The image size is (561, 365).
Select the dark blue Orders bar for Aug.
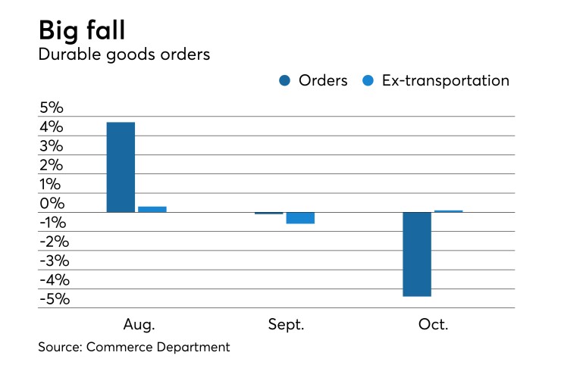pyautogui.click(x=121, y=167)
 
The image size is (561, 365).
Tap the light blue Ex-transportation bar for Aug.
pyautogui.click(x=152, y=209)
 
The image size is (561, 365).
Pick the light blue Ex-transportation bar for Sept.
pyautogui.click(x=300, y=218)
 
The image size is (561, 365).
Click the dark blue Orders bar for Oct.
pyautogui.click(x=417, y=254)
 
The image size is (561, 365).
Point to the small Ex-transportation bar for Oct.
pyautogui.click(x=448, y=211)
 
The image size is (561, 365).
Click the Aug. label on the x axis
pyautogui.click(x=139, y=325)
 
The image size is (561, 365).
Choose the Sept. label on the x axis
pyautogui.click(x=286, y=325)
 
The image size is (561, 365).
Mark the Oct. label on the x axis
pyautogui.click(x=433, y=325)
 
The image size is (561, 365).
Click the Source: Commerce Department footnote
pyautogui.click(x=133, y=348)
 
